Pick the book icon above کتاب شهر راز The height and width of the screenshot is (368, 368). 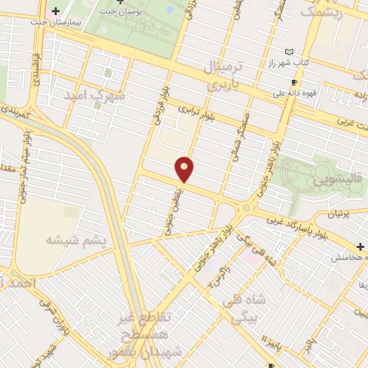pos(290,52)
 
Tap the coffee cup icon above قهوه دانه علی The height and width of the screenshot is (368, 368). pos(293,82)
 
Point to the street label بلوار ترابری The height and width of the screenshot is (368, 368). pos(197,113)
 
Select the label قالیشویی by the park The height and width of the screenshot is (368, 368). pos(336,182)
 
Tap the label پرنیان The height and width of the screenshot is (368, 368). pos(341,214)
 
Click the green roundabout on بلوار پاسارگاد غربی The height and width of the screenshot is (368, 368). pos(248,208)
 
